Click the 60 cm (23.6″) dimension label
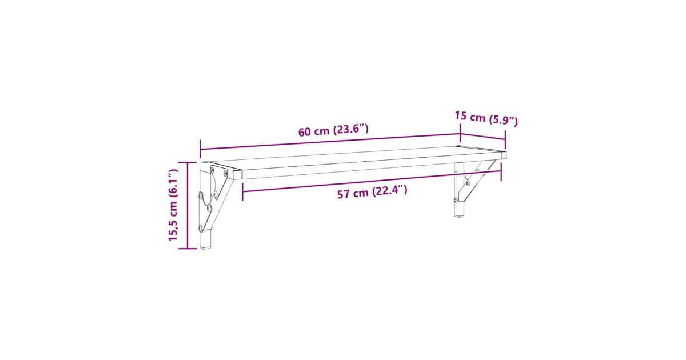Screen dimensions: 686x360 (x=333, y=130)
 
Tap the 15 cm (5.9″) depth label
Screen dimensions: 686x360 (x=486, y=118)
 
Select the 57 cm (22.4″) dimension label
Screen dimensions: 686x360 (x=372, y=192)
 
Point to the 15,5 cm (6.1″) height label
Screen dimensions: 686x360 (x=173, y=205)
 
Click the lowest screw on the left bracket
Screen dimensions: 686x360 (x=201, y=228)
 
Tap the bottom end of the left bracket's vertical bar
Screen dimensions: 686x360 (x=205, y=247)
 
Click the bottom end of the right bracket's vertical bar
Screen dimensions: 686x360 (x=458, y=216)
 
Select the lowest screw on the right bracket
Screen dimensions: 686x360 (x=456, y=200)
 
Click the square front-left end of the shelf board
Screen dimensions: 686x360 (x=237, y=174)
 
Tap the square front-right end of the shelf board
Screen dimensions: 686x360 (x=504, y=155)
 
